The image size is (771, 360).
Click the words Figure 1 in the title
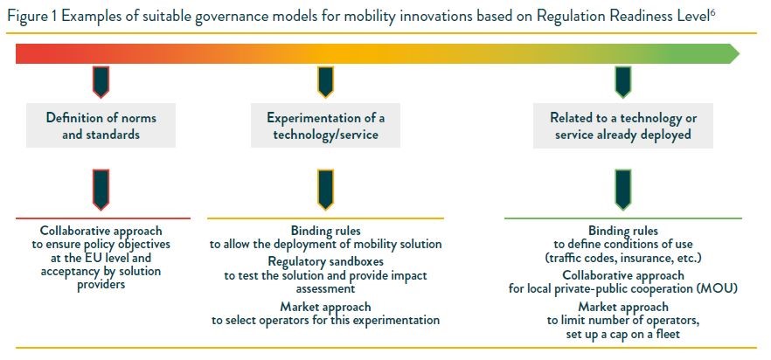tap(32, 17)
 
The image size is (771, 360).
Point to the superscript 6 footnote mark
tap(712, 12)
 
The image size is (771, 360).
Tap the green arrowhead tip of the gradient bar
tap(739, 53)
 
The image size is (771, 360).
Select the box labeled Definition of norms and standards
tap(101, 126)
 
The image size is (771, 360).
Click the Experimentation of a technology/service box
tap(325, 126)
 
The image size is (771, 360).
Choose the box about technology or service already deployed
tap(623, 126)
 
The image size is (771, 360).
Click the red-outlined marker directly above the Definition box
tap(101, 82)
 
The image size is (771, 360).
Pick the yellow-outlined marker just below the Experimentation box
tap(325, 190)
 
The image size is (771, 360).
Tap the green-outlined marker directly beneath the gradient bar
tap(623, 82)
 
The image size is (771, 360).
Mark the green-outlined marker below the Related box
tap(623, 190)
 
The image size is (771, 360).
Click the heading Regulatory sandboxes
tap(325, 261)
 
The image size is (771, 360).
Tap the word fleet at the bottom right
tap(669, 334)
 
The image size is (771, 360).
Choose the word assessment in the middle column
tap(325, 288)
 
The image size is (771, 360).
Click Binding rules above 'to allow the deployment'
tap(325, 231)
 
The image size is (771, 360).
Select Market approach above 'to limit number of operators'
tap(623, 308)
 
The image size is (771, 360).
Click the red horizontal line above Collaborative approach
tap(103, 218)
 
